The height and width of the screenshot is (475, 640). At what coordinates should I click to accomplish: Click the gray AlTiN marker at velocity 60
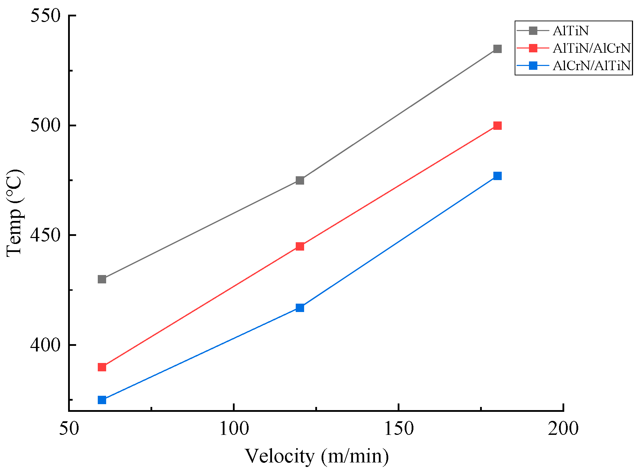(x=102, y=279)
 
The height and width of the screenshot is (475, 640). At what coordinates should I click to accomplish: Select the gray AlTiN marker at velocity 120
(x=300, y=180)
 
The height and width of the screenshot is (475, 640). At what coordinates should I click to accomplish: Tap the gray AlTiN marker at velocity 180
(x=498, y=49)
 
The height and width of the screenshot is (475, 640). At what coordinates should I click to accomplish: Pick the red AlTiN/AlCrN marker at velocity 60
(x=102, y=367)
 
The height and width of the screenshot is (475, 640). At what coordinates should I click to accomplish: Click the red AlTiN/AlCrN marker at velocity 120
(x=300, y=246)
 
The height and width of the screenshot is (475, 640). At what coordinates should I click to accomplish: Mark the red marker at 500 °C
(x=498, y=126)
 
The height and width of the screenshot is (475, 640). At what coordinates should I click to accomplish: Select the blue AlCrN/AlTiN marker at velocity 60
(x=102, y=400)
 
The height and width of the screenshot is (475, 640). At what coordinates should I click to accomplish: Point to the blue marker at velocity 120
(x=300, y=308)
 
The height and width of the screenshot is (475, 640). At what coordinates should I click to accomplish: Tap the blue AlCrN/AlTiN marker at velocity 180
(x=498, y=176)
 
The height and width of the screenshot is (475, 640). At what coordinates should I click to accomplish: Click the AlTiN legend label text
(x=571, y=31)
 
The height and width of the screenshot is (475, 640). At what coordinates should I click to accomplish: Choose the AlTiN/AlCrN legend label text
(x=591, y=48)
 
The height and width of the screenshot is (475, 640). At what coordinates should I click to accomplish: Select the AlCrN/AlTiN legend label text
(x=591, y=66)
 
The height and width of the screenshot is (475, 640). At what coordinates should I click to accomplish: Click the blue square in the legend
(x=533, y=66)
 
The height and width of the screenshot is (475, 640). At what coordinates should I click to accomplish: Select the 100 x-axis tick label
(x=234, y=429)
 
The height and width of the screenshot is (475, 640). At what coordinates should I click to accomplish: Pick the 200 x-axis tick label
(x=563, y=429)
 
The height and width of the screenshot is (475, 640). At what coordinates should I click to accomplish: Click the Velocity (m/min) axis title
(x=316, y=457)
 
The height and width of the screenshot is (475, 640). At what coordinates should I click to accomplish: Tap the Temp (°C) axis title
(x=15, y=213)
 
